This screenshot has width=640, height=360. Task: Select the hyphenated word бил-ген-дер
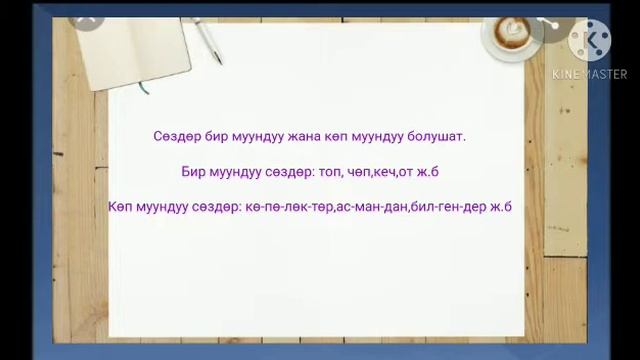(x=446, y=207)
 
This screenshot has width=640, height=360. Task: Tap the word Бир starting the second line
(x=194, y=171)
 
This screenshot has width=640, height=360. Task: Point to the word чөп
(x=354, y=171)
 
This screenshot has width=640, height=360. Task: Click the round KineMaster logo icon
(x=589, y=40)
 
